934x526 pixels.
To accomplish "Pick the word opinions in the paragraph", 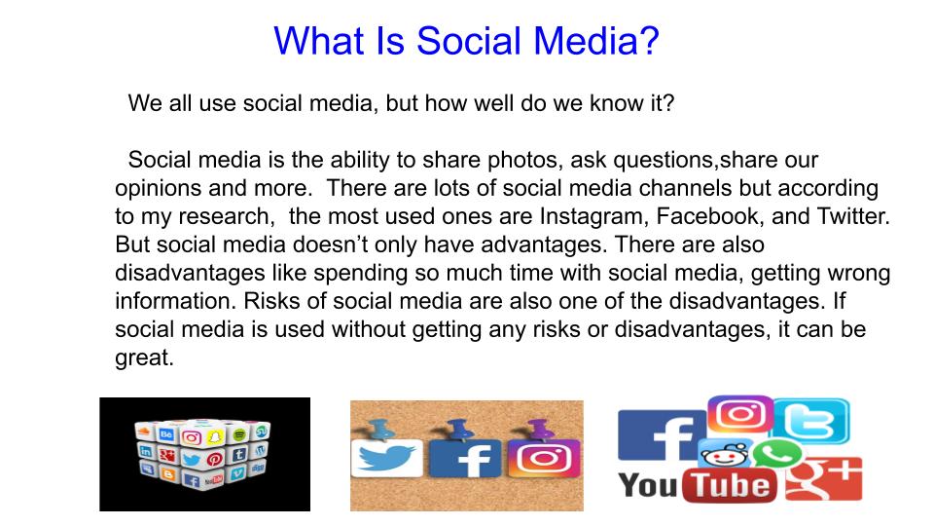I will pyautogui.click(x=156, y=188).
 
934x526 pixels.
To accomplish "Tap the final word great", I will pyautogui.click(x=144, y=358).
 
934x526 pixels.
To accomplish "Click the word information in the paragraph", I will pyautogui.click(x=175, y=302).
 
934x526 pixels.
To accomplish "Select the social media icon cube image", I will pyautogui.click(x=203, y=453).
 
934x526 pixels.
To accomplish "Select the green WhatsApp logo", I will pyautogui.click(x=776, y=454).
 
